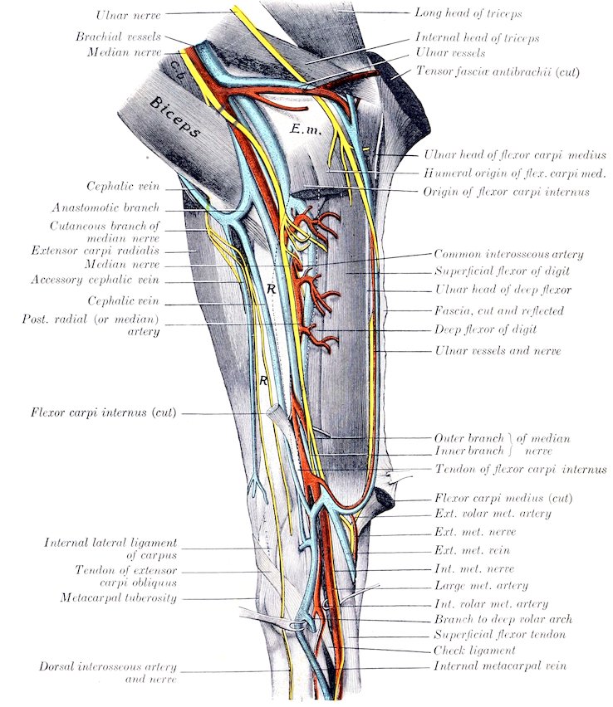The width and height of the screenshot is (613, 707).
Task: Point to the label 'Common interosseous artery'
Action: [x=508, y=255]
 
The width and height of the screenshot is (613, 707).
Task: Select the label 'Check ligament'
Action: [x=474, y=651]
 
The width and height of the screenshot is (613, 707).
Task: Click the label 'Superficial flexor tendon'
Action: [x=500, y=635]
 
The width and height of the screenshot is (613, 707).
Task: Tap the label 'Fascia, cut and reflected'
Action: [x=498, y=311]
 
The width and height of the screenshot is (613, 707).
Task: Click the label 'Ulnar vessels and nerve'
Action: [x=498, y=352]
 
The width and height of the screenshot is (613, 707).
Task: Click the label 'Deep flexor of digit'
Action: [x=485, y=329]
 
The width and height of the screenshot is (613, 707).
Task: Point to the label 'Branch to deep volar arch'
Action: [x=503, y=619]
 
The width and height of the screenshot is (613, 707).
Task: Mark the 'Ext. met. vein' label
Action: [x=473, y=550]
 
